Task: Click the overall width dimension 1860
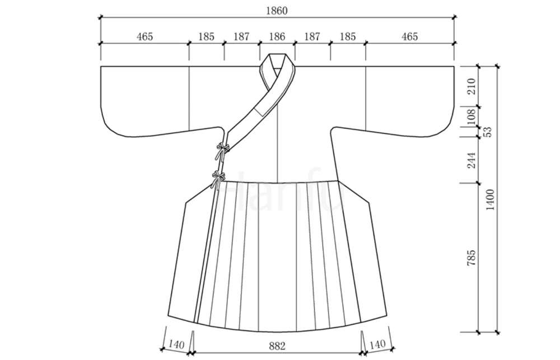(277, 11)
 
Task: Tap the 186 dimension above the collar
(277, 36)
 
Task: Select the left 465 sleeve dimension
(144, 36)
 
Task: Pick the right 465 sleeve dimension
(409, 36)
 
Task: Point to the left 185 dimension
(207, 36)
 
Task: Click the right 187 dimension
(312, 36)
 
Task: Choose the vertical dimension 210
(472, 86)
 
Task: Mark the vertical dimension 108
(472, 116)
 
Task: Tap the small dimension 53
(488, 132)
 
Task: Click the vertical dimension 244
(472, 160)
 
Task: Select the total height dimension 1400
(490, 200)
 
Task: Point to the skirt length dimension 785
(472, 258)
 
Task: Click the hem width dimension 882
(277, 345)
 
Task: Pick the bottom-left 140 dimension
(176, 345)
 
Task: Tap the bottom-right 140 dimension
(377, 344)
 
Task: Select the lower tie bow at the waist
(218, 179)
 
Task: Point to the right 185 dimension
(348, 36)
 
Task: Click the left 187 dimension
(241, 36)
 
